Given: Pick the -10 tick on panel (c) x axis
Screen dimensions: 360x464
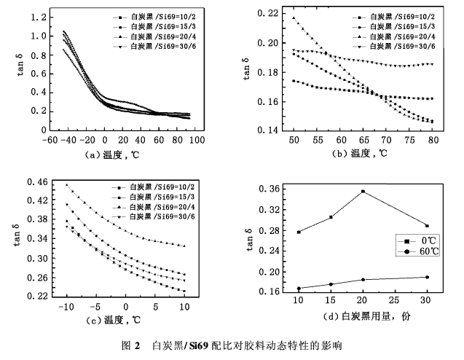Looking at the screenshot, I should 66,307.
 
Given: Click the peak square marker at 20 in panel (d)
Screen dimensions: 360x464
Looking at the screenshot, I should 363,191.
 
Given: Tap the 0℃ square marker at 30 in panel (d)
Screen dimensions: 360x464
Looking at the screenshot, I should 426,226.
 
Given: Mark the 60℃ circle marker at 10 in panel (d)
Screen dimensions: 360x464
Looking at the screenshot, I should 299,289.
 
